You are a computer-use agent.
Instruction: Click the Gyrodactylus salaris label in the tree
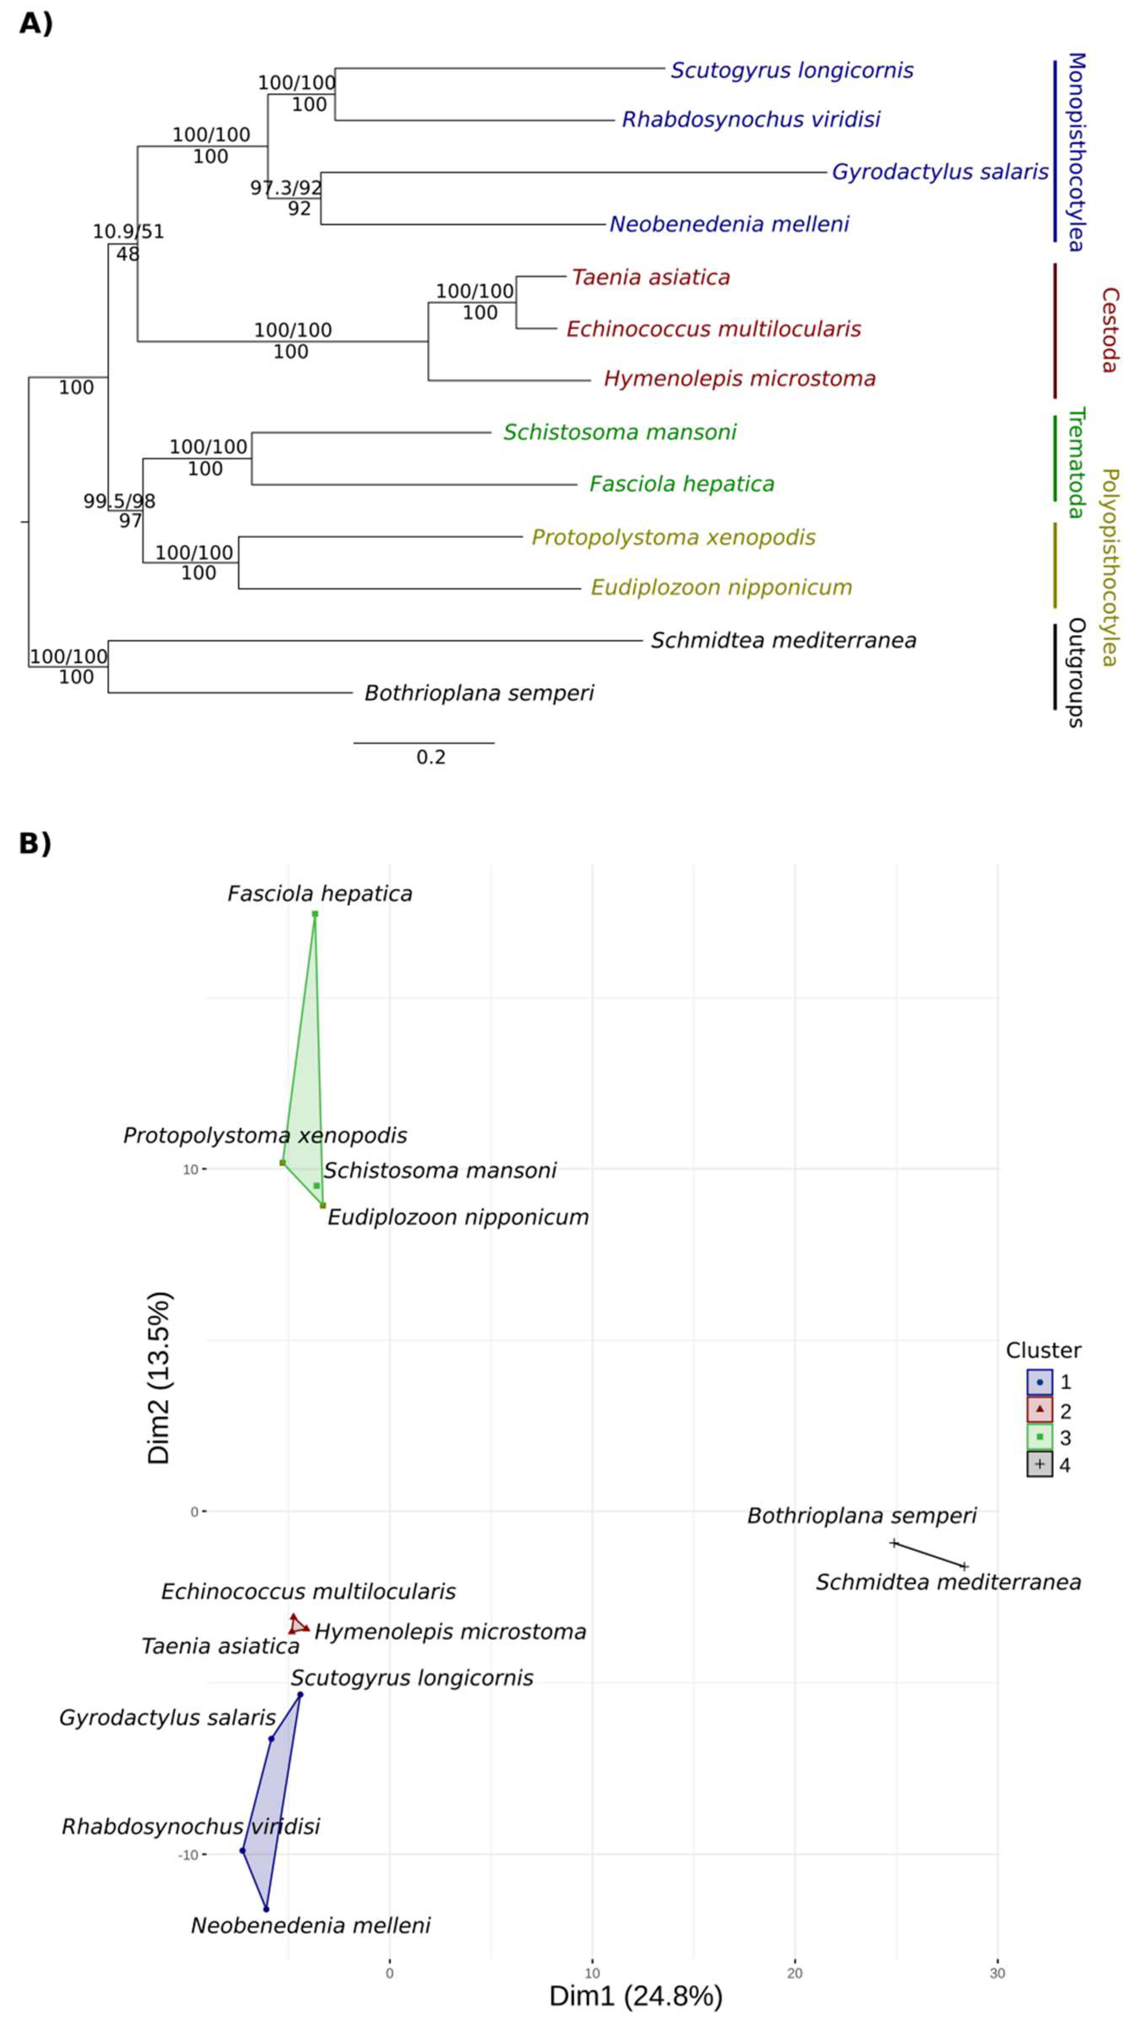tap(939, 172)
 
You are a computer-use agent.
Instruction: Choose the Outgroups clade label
tap(1076, 672)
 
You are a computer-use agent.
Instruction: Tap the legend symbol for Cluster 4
tap(1039, 1464)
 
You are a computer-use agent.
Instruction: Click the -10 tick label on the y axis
tap(188, 1855)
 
